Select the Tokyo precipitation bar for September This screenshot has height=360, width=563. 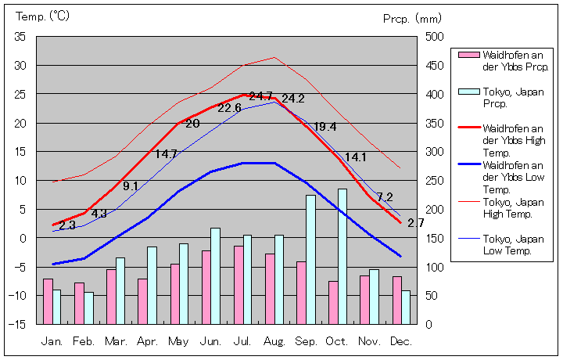pos(310,259)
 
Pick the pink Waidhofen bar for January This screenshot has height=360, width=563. pos(48,301)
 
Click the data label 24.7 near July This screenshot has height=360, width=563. pos(260,96)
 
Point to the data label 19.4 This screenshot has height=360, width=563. pos(325,127)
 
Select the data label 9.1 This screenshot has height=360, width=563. pos(131,186)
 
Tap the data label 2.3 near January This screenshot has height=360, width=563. pos(67,225)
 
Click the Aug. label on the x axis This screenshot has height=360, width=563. pos(274,341)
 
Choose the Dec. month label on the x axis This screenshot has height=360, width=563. pos(401,341)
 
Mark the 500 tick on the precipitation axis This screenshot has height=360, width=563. pos(434,37)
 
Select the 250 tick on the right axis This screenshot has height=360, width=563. pos(434,181)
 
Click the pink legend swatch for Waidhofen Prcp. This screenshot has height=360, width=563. pos(468,55)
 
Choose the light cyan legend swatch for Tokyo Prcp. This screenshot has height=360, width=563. pos(468,92)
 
